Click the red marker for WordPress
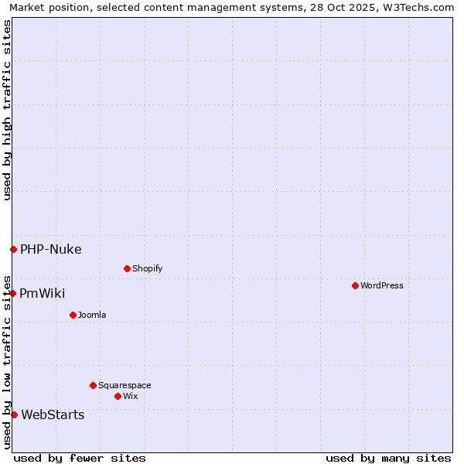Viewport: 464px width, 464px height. [x=355, y=285]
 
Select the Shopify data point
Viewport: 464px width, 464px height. [x=127, y=268]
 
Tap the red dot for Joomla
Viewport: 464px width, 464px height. [x=73, y=315]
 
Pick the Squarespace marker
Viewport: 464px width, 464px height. [x=93, y=385]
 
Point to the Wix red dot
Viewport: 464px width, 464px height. [x=118, y=396]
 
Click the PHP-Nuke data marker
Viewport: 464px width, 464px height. [x=13, y=249]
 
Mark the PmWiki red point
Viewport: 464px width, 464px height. [x=13, y=293]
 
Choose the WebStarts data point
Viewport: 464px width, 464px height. [x=14, y=415]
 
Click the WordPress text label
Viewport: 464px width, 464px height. [x=382, y=285]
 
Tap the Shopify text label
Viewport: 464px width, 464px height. [x=147, y=268]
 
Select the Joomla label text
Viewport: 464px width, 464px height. [x=92, y=315]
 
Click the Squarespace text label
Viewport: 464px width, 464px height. [x=125, y=385]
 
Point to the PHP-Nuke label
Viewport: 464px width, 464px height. [x=50, y=249]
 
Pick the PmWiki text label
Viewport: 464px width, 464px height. [x=43, y=293]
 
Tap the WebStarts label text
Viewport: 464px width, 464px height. [x=53, y=415]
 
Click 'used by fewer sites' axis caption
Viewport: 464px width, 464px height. [x=80, y=458]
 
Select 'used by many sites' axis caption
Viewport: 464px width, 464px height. [x=388, y=458]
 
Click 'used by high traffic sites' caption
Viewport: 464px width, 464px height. [x=7, y=111]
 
